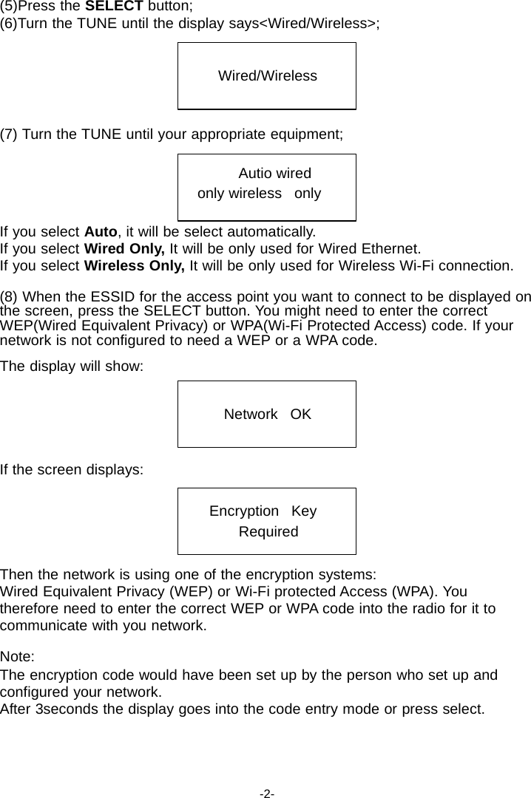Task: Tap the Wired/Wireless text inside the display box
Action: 267,76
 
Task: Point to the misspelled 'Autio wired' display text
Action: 274,174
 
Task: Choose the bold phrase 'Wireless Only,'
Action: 136,265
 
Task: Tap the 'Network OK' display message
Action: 267,415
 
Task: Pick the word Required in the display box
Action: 268,532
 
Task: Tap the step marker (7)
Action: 10,134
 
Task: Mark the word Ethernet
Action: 393,248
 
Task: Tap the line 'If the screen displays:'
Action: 72,469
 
